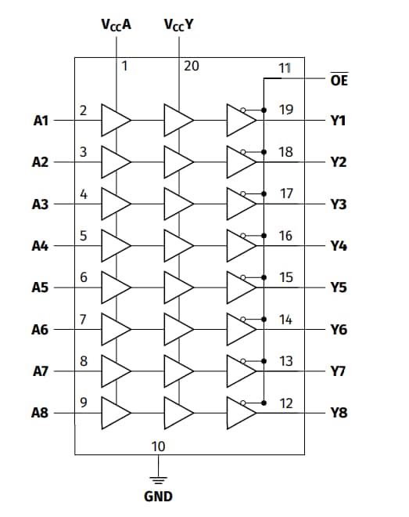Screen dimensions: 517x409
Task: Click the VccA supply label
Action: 116,24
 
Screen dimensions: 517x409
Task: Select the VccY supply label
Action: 179,24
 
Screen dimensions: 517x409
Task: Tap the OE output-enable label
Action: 339,80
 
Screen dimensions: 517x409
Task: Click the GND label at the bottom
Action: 158,497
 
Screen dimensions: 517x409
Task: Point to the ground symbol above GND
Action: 158,479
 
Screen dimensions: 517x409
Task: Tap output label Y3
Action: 338,204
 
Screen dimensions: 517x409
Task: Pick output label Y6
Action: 338,330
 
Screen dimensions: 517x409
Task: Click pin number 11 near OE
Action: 285,67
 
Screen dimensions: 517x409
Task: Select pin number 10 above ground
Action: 158,446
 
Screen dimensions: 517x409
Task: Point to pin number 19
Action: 286,109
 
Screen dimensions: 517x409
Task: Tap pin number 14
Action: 286,319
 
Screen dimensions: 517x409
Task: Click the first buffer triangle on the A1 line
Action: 114,121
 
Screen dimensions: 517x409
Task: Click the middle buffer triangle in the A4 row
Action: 178,246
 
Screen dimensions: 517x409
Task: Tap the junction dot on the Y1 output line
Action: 264,109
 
